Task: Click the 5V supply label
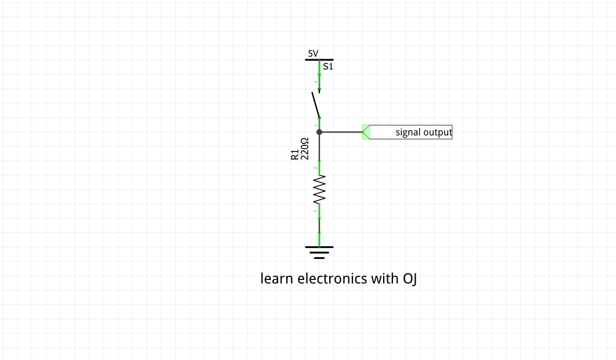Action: [x=313, y=53]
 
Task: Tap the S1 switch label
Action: [x=328, y=67]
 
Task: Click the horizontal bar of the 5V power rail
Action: [x=319, y=59]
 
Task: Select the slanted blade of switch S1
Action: [x=316, y=105]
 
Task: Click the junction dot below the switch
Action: [x=319, y=132]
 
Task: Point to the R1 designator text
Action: [x=294, y=154]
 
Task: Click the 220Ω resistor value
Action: [x=304, y=149]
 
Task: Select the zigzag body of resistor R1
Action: [x=319, y=190]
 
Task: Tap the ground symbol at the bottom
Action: [x=319, y=251]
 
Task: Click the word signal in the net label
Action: [x=408, y=132]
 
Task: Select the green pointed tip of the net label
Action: [x=365, y=132]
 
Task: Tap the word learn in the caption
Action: [x=277, y=279]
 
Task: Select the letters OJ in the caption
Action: [x=410, y=279]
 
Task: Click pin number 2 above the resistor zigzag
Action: [x=315, y=168]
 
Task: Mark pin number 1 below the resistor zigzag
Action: [x=315, y=211]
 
